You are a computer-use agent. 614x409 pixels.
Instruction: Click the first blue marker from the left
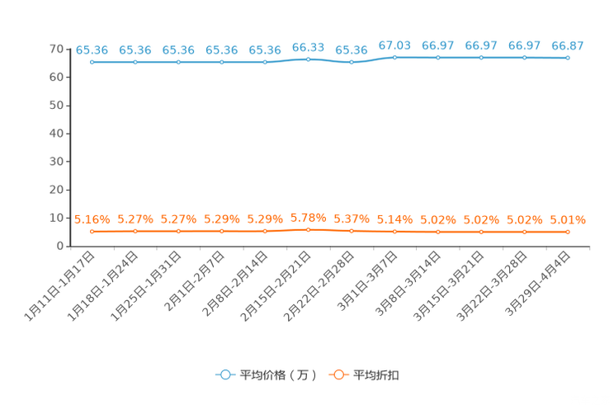point(92,62)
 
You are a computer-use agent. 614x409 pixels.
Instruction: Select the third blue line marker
point(178,62)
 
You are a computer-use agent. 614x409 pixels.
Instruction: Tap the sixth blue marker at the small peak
point(308,59)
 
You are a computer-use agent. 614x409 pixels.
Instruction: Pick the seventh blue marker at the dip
point(352,62)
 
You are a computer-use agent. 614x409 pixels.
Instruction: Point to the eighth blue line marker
point(394,57)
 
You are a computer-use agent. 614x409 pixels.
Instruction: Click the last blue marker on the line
point(568,58)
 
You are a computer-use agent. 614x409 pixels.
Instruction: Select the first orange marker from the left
point(92,231)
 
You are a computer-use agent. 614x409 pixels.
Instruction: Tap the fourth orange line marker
point(221,231)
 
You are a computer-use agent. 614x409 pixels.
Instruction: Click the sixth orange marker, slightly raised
point(308,229)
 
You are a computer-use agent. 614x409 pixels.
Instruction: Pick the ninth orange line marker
point(438,232)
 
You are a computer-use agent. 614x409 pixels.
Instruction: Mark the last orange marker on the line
point(568,232)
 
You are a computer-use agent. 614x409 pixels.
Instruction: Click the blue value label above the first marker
point(92,50)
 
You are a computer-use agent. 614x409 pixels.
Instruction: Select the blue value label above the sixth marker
point(308,47)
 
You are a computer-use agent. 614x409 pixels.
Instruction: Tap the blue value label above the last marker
point(568,45)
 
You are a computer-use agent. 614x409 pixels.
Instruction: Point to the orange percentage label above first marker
point(92,219)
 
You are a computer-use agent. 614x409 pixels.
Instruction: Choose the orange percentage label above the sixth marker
point(308,218)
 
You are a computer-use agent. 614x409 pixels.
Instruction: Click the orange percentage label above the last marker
point(568,220)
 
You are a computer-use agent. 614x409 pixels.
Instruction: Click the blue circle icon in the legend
point(225,374)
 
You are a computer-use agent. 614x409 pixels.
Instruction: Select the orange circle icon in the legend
point(338,374)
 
